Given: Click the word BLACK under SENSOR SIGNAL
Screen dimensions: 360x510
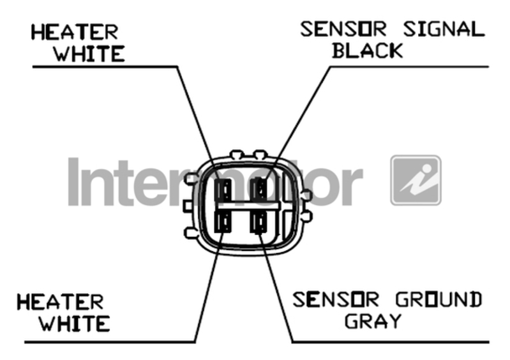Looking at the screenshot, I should [x=367, y=50].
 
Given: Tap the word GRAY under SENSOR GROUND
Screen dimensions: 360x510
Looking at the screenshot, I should [x=373, y=320].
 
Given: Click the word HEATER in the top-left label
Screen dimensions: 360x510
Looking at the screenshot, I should [x=75, y=32].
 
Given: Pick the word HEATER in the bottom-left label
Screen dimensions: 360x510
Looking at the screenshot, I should [x=59, y=301].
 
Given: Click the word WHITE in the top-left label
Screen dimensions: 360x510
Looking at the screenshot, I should [x=88, y=53].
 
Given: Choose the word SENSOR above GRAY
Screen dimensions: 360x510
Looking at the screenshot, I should [x=336, y=299].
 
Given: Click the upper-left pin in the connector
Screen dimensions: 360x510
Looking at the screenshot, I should [x=224, y=190].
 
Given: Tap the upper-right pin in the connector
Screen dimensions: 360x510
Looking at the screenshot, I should [x=260, y=190].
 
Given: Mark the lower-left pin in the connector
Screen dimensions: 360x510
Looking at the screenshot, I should [x=224, y=223].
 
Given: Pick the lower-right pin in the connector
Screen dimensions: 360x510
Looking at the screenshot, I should [x=260, y=223].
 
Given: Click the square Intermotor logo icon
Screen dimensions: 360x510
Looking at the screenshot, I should [x=416, y=180].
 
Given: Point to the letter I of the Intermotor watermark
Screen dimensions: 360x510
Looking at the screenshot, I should [x=75, y=181].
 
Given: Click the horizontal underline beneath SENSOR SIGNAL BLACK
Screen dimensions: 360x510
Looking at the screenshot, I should [x=409, y=66].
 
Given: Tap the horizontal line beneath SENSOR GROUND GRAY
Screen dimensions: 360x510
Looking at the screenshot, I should [x=389, y=341].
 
